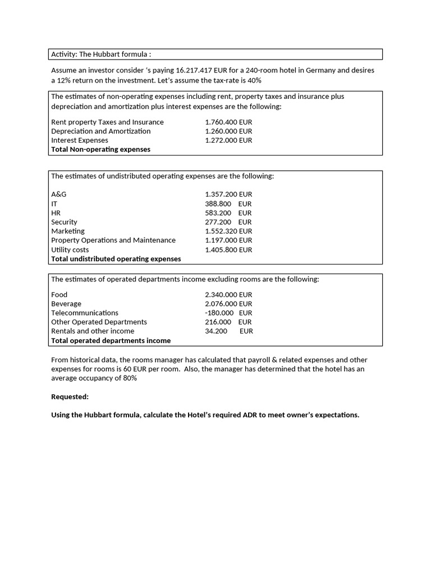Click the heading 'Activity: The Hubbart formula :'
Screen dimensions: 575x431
point(101,54)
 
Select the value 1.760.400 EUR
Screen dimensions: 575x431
point(228,122)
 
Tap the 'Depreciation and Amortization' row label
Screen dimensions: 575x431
point(100,131)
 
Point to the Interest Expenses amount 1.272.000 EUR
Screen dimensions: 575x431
point(228,140)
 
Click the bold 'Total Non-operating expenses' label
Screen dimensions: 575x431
point(100,149)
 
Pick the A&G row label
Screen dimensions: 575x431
point(58,194)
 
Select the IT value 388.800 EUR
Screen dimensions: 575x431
point(228,204)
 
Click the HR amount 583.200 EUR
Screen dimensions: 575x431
point(228,213)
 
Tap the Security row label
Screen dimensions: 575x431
point(64,222)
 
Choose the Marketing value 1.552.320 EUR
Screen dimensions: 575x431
point(228,231)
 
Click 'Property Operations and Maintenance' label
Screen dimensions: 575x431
point(113,240)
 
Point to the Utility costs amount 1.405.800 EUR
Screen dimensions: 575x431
point(228,250)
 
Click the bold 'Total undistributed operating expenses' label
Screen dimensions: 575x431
point(116,259)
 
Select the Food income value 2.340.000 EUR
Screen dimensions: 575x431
point(228,295)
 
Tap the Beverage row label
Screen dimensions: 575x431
point(66,304)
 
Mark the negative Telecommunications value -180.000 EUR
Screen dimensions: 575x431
point(228,313)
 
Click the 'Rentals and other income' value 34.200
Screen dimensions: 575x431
point(216,331)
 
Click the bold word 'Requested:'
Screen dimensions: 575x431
point(70,396)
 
